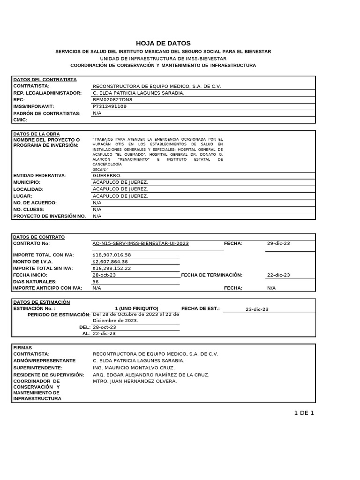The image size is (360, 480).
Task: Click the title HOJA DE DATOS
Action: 163,43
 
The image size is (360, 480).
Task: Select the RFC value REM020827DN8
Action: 112,100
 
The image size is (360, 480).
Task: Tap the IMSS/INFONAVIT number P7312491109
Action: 110,106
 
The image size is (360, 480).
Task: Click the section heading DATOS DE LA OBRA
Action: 37,134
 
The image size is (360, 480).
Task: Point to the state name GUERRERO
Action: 107,175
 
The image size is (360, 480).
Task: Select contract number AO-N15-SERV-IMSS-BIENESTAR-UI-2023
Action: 141,244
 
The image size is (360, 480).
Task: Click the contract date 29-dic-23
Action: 278,244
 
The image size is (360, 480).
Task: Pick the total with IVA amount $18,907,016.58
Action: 112,255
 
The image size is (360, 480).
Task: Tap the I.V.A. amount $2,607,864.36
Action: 110,262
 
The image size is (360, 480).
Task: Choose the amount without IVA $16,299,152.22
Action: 112,268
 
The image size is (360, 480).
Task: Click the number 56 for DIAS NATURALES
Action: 96,282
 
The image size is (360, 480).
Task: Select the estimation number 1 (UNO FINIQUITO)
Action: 136,308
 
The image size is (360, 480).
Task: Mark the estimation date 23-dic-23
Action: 257,309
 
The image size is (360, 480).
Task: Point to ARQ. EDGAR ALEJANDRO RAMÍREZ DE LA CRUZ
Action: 151,375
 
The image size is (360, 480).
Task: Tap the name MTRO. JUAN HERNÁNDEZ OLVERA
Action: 135,382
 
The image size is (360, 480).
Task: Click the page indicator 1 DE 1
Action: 304,413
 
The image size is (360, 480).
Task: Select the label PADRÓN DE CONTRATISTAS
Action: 47,113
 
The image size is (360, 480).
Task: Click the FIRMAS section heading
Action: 22,348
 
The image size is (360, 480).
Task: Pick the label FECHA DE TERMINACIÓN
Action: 211,275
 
